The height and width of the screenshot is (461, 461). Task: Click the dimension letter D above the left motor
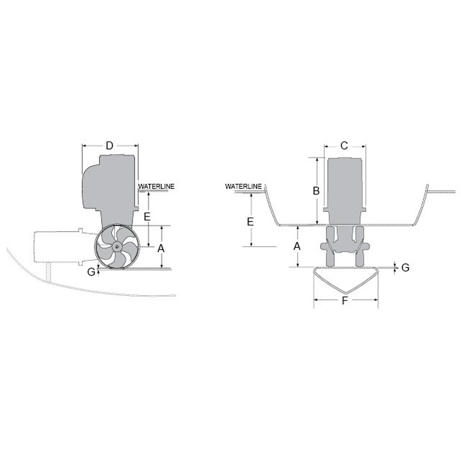click(109, 146)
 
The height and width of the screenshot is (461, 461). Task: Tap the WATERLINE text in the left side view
click(156, 186)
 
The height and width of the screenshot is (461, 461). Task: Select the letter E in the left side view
click(147, 217)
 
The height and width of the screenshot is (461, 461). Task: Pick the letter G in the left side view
click(92, 271)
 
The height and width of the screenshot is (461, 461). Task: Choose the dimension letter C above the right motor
click(344, 146)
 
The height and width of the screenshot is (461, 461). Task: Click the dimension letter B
click(316, 191)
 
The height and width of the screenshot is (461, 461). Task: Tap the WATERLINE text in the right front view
click(243, 186)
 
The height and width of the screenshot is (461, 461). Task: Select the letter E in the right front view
click(251, 222)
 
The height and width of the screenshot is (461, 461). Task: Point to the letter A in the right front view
click(297, 247)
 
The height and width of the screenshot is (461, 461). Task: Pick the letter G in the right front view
click(405, 268)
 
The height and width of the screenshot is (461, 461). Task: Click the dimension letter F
click(344, 302)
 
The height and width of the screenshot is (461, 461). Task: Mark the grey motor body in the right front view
click(345, 186)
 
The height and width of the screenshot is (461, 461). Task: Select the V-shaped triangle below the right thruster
click(344, 282)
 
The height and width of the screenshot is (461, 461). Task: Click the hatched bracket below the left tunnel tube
click(47, 271)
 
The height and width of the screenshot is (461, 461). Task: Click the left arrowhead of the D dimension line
click(85, 146)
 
